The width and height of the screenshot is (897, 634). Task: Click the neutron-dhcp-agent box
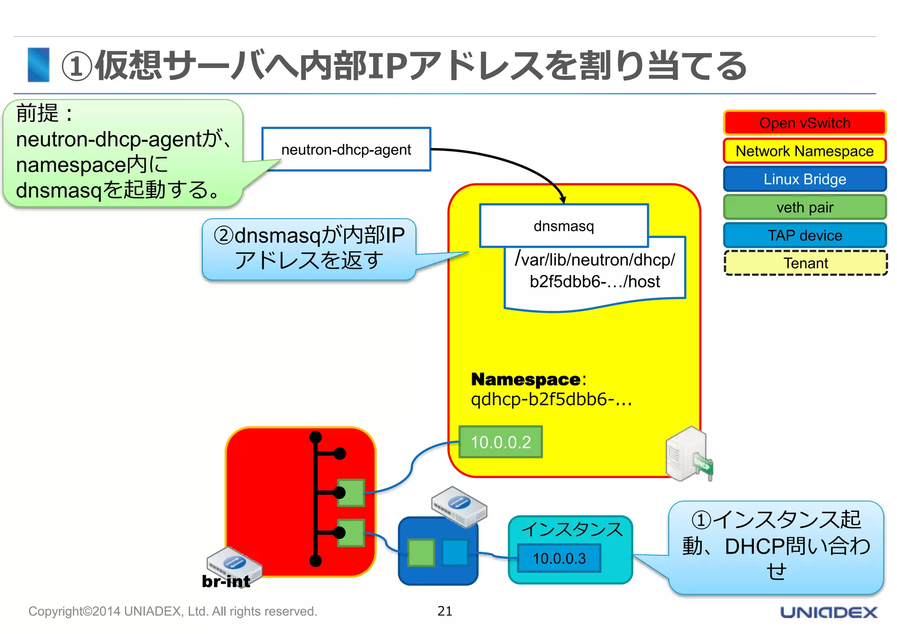click(x=346, y=149)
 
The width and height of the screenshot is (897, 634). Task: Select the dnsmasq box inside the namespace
click(x=564, y=226)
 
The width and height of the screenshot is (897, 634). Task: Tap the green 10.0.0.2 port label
click(x=501, y=442)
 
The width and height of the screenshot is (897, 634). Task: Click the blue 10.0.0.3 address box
click(x=559, y=558)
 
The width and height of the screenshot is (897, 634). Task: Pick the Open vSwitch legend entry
click(x=805, y=123)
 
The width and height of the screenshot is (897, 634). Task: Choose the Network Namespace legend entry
click(x=805, y=151)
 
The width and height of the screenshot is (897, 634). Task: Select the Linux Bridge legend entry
click(x=805, y=179)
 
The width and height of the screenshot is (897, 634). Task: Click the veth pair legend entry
click(x=805, y=207)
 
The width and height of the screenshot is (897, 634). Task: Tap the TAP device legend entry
click(x=805, y=235)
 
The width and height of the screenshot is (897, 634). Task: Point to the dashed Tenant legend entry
click(x=805, y=263)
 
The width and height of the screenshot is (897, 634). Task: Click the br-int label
click(x=226, y=581)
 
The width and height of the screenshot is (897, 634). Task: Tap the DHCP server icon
click(x=689, y=454)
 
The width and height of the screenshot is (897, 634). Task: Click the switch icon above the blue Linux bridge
click(x=459, y=506)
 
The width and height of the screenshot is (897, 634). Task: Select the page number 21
click(x=445, y=611)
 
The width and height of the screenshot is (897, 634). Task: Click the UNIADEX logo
click(x=829, y=612)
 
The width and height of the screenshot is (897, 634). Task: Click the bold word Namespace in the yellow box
click(x=526, y=379)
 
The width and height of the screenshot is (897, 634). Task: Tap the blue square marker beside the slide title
click(x=39, y=65)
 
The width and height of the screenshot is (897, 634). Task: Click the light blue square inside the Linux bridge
click(x=455, y=553)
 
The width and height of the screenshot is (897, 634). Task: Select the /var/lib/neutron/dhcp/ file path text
click(x=595, y=260)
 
